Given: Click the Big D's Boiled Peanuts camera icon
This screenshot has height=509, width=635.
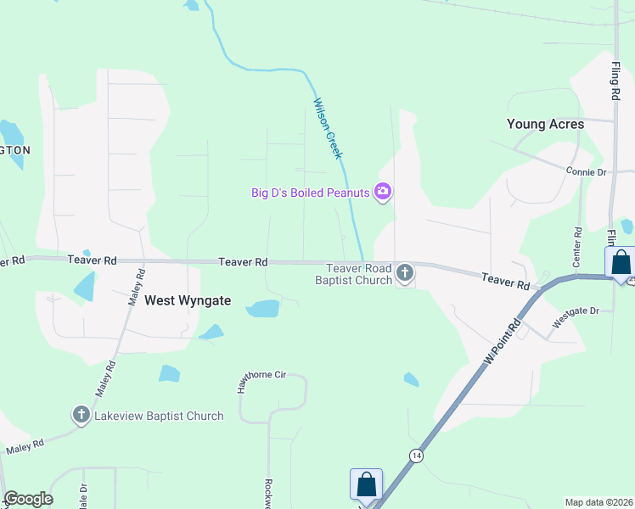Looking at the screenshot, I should click(x=383, y=193).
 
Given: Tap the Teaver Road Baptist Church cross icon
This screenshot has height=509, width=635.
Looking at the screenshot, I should click(x=405, y=273).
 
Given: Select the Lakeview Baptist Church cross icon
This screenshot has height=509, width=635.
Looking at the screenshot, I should click(x=81, y=415).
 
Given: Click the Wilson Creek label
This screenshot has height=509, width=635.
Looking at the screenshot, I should click(x=327, y=128).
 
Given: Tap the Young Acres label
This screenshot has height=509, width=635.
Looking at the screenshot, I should click(x=545, y=124).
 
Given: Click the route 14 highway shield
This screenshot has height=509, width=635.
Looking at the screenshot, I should click(x=415, y=455).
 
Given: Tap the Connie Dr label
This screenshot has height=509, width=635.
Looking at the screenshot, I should click(x=587, y=171).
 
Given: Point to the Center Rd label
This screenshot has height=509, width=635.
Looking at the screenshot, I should click(x=577, y=243).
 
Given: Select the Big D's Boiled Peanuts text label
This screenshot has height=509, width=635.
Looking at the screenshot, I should click(x=311, y=193).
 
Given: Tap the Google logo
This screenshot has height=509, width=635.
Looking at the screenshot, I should click(x=28, y=499).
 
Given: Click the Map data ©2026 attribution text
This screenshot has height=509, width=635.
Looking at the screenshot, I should click(x=599, y=502).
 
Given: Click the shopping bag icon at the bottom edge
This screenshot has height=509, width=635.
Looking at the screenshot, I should click(x=366, y=484).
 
